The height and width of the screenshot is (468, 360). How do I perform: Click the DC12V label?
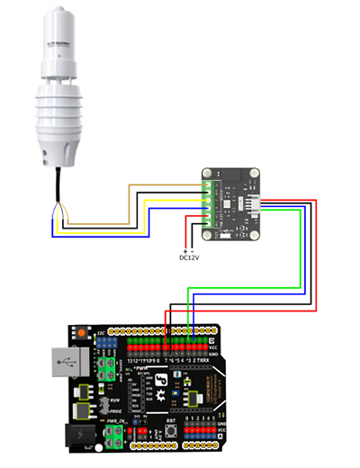coord(189,256)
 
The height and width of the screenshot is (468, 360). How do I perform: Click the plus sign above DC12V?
coord(184,249)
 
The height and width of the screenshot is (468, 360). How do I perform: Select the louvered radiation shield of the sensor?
coord(58,117)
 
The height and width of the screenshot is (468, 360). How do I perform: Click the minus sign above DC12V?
coord(193,249)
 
